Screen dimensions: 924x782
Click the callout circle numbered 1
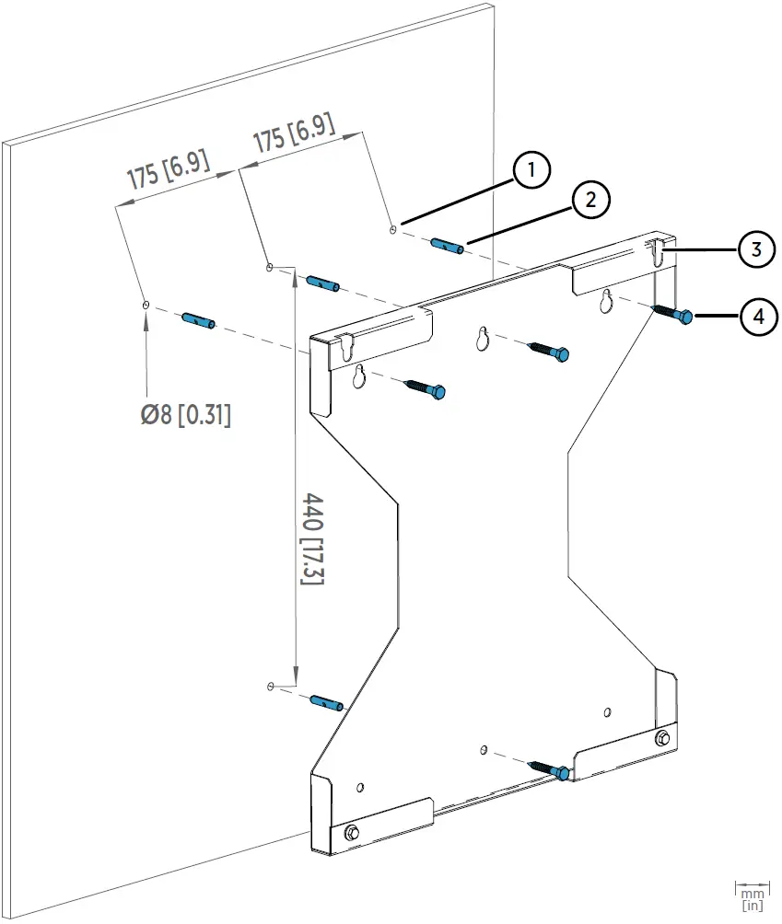(531, 171)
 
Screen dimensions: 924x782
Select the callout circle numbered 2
(590, 199)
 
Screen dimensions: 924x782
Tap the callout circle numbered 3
(756, 250)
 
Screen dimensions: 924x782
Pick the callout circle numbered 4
(758, 317)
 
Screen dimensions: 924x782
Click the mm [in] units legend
(752, 897)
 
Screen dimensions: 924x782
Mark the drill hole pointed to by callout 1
(393, 228)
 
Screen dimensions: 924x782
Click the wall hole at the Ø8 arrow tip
(146, 303)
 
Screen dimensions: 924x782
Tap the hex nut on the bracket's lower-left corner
(351, 833)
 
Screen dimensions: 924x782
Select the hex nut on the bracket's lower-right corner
(662, 739)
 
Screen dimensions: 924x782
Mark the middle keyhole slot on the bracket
(483, 339)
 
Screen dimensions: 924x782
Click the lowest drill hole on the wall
(269, 687)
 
